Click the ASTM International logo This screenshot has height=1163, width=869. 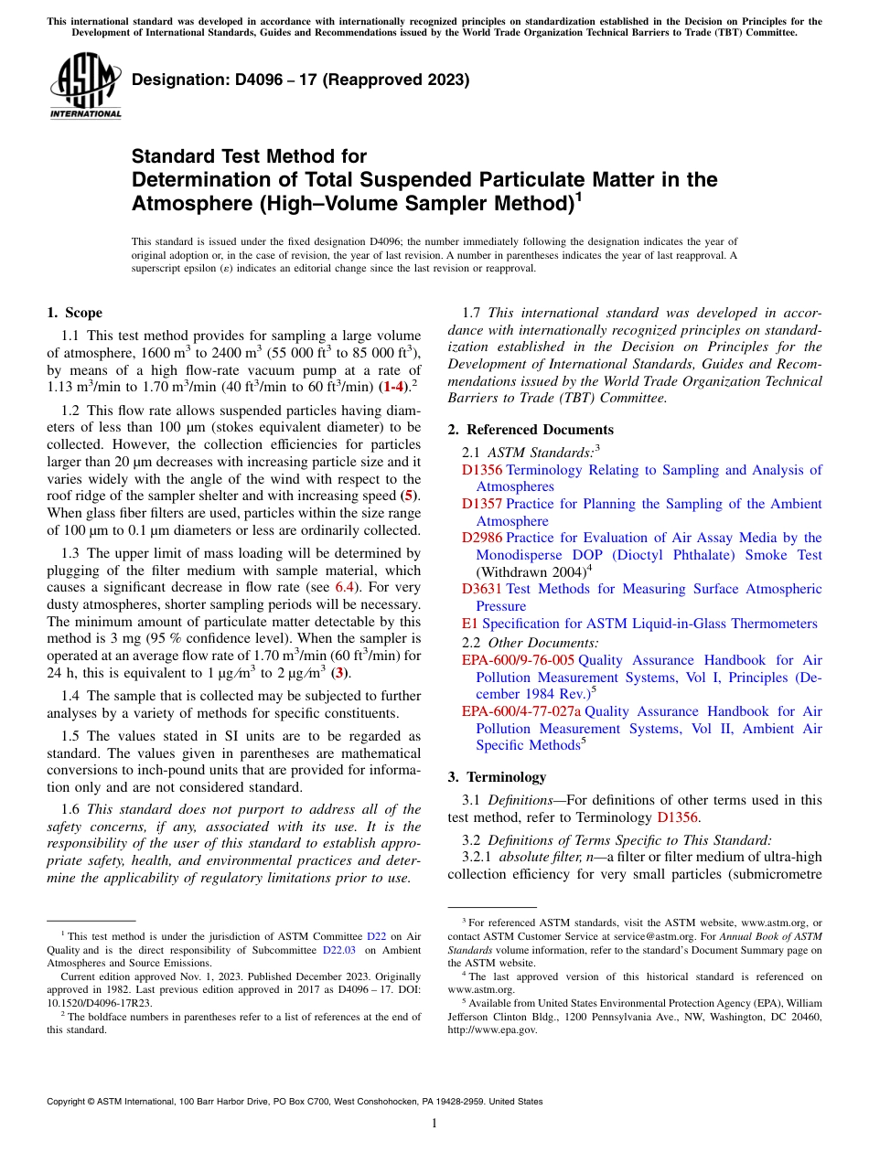click(85, 86)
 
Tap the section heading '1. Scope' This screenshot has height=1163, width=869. click(75, 313)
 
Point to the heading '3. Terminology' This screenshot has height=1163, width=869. click(497, 777)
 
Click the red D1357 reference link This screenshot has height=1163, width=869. click(482, 504)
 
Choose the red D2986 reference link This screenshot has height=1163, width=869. click(482, 538)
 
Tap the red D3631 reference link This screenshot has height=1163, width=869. click(482, 589)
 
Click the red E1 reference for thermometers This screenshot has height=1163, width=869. click(469, 624)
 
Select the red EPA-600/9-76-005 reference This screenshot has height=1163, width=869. click(518, 660)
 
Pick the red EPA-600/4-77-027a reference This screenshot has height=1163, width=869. click(520, 711)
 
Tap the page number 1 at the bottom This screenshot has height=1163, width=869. click(434, 1124)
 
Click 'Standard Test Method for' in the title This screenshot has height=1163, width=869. click(249, 157)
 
